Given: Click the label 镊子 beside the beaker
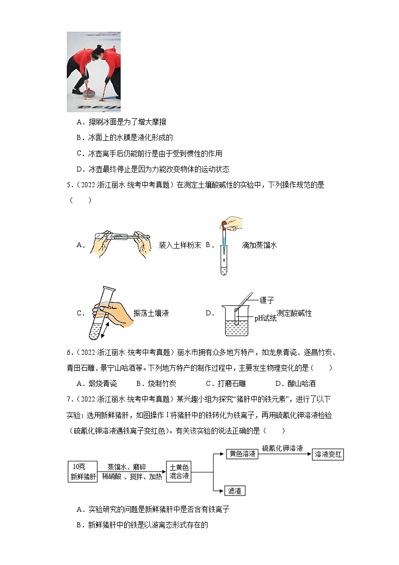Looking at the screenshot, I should pyautogui.click(x=267, y=300).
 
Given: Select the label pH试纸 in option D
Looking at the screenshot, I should pyautogui.click(x=265, y=318).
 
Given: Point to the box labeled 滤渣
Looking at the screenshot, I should pyautogui.click(x=229, y=491).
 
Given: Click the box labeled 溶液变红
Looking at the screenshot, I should pyautogui.click(x=328, y=454).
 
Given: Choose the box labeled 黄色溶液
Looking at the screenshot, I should pyautogui.click(x=243, y=454).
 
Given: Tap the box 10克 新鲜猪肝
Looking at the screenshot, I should pyautogui.click(x=82, y=471).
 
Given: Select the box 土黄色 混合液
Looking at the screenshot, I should pyautogui.click(x=179, y=471).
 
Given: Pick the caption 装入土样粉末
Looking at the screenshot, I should pyautogui.click(x=180, y=245).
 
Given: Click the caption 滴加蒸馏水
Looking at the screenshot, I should pyautogui.click(x=259, y=245).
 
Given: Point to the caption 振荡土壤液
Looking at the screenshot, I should pyautogui.click(x=151, y=313).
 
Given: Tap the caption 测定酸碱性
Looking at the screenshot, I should pyautogui.click(x=294, y=313).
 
